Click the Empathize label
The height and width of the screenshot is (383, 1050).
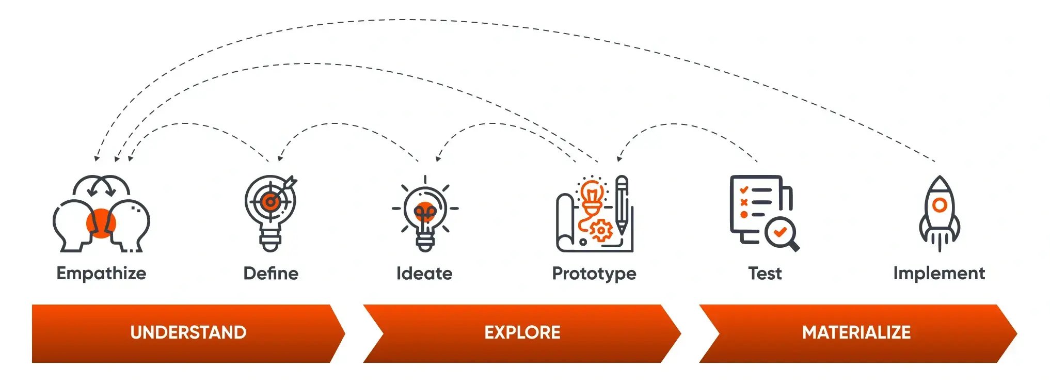(x=101, y=273)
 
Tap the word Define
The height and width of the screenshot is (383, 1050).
(x=271, y=273)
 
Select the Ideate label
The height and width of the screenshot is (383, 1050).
(x=424, y=273)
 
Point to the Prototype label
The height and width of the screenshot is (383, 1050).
(x=594, y=274)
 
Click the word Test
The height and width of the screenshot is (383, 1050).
(x=765, y=273)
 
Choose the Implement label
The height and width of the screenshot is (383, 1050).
(x=939, y=273)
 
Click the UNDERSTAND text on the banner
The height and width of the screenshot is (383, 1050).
(x=188, y=332)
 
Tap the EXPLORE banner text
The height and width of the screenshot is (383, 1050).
(x=522, y=332)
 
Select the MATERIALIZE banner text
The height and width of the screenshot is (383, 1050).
(x=856, y=332)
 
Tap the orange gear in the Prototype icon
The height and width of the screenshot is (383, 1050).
(x=600, y=231)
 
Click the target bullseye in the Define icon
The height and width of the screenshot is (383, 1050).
(x=269, y=201)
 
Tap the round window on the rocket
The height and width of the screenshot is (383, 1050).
(x=940, y=205)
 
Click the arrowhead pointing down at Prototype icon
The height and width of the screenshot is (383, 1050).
(x=619, y=158)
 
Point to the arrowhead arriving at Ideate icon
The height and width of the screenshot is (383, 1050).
(x=438, y=158)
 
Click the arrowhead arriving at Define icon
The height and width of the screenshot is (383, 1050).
(x=280, y=158)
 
